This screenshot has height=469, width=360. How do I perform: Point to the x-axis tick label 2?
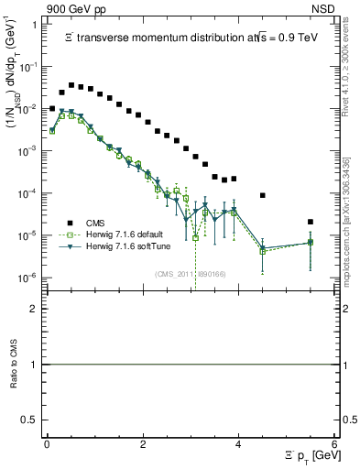point(143,444)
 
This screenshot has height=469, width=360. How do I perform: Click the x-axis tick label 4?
point(238,444)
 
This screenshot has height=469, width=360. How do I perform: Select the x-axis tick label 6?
point(334,444)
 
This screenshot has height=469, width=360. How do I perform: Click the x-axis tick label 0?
point(47,444)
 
